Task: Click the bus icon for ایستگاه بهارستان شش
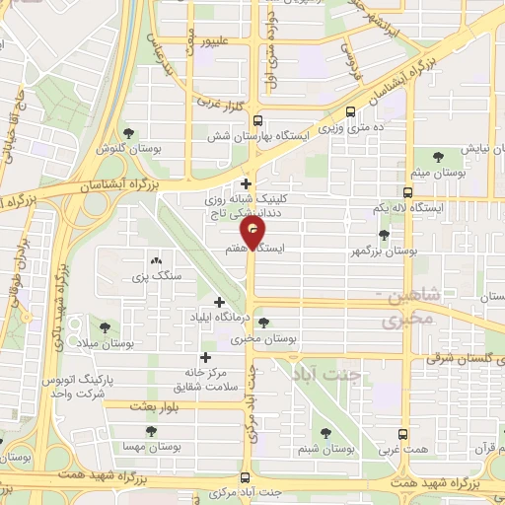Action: (258, 114)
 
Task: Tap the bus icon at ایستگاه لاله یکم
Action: (408, 192)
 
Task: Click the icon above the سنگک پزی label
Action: (156, 260)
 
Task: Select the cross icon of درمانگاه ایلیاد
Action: (218, 301)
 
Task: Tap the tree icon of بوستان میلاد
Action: (105, 326)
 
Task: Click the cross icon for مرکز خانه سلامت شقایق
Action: (205, 357)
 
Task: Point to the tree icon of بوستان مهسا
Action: (151, 431)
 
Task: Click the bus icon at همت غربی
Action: (402, 433)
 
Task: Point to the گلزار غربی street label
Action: (211, 102)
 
